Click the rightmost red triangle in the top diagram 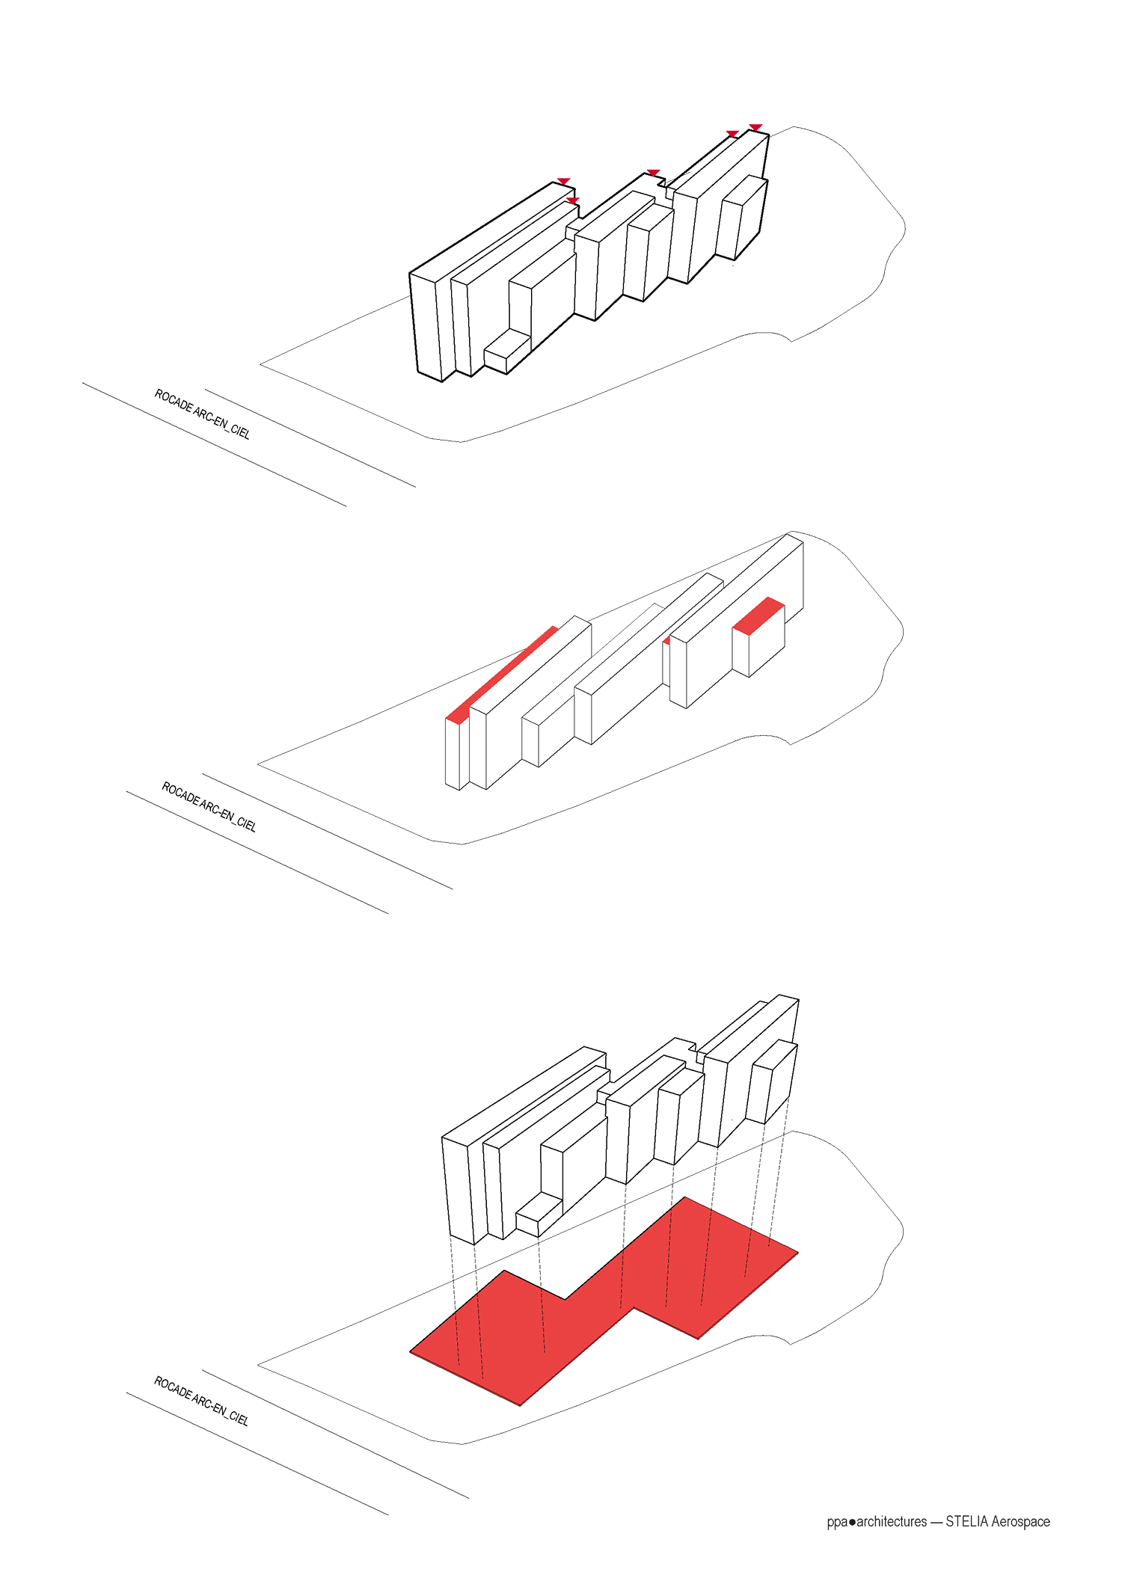click(x=755, y=127)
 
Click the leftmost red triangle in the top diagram click(x=563, y=182)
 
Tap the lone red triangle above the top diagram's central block click(x=653, y=173)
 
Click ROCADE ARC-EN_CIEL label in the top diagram click(x=202, y=414)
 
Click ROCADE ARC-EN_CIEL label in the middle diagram click(x=209, y=806)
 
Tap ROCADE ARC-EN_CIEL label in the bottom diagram click(x=201, y=1400)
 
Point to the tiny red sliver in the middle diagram click(x=666, y=640)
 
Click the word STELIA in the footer click(x=966, y=1521)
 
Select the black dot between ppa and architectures click(x=852, y=1522)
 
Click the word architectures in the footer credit click(x=892, y=1521)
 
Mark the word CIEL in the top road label click(x=240, y=432)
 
